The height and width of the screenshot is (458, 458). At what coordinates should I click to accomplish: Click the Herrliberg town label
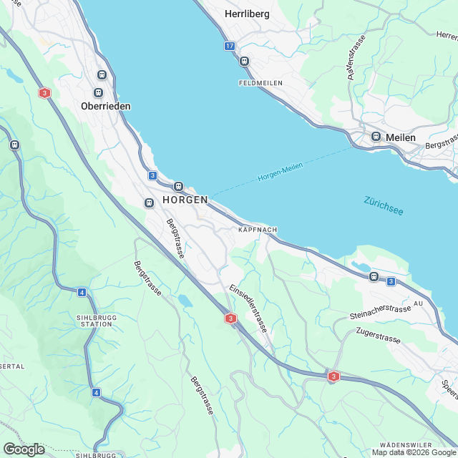247,14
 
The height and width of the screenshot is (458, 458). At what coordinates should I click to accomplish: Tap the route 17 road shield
229,46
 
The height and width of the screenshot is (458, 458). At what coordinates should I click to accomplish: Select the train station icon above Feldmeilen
245,62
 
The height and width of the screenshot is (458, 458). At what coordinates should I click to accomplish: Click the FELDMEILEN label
260,83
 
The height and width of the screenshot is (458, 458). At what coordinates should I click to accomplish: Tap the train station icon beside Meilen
376,136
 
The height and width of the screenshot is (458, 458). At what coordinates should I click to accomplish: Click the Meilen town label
400,137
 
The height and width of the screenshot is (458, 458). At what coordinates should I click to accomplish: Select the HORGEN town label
185,200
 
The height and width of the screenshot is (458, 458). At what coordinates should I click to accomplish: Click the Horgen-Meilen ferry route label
281,172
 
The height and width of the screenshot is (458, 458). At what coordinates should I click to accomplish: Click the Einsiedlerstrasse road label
248,308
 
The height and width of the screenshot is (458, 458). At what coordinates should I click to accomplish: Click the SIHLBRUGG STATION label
94,319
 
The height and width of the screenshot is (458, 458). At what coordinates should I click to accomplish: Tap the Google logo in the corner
24,449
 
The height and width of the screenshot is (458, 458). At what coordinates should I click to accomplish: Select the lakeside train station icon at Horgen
178,186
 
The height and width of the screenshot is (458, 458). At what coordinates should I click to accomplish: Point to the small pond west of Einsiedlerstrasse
185,300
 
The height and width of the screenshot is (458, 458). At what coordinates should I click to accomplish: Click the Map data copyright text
413,452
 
